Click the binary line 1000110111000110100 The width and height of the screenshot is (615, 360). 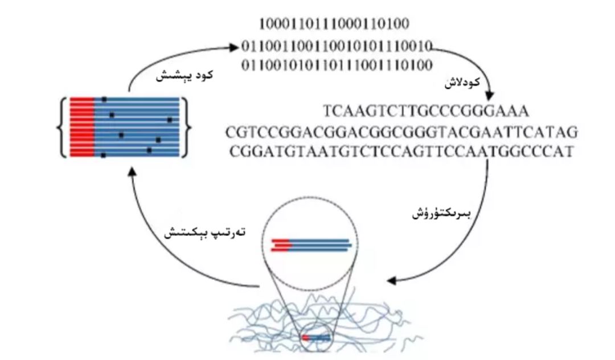tap(334, 24)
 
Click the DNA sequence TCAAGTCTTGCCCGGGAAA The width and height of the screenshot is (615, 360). tap(425, 110)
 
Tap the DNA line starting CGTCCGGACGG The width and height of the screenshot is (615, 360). tap(401, 133)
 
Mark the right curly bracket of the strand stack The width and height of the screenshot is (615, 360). tap(188, 126)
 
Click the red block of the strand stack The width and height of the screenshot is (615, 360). tap(81, 126)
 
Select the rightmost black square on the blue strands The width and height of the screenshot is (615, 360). tap(169, 120)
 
